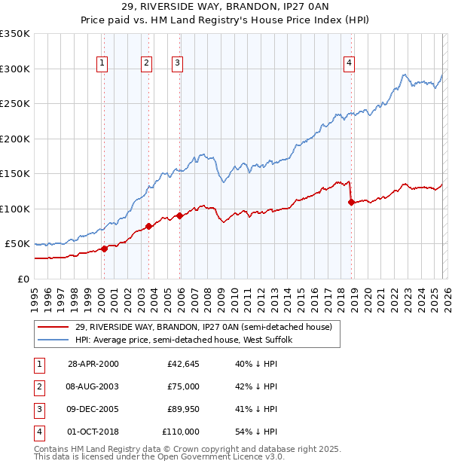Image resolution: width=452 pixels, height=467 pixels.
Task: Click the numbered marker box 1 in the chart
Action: click(102, 63)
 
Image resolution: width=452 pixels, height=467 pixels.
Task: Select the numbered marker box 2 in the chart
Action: click(146, 63)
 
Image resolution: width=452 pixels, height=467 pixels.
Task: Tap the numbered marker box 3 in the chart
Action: click(177, 63)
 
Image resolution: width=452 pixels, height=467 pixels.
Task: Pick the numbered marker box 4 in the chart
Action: click(350, 63)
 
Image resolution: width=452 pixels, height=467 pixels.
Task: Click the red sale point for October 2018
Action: click(351, 202)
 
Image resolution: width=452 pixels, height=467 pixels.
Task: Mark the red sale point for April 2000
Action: click(105, 249)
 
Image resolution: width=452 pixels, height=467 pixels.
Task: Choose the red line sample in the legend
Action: click(55, 326)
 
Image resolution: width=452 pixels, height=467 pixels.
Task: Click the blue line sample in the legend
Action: click(55, 340)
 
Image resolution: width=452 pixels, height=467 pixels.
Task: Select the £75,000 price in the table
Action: click(184, 386)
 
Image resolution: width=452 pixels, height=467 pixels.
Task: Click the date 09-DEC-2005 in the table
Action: click(93, 409)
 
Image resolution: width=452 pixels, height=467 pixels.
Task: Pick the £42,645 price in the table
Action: click(184, 364)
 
